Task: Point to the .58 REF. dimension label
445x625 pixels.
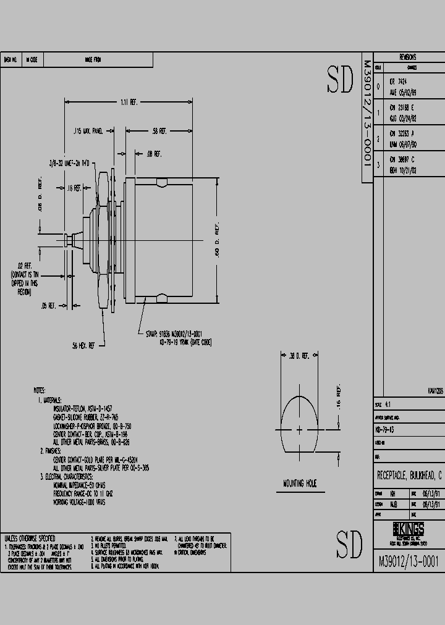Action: [159, 131]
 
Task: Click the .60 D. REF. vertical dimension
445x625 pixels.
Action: [217, 240]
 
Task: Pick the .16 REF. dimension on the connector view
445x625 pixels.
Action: [74, 187]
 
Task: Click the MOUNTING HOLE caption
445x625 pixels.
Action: [300, 484]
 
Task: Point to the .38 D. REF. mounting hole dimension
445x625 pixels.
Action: [299, 355]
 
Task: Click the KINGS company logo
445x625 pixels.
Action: [409, 530]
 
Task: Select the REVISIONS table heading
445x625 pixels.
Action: [407, 57]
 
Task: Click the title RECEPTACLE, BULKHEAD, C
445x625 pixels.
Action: [409, 476]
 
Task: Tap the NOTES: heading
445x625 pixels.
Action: [40, 390]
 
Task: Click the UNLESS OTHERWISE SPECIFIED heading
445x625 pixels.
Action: [30, 539]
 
